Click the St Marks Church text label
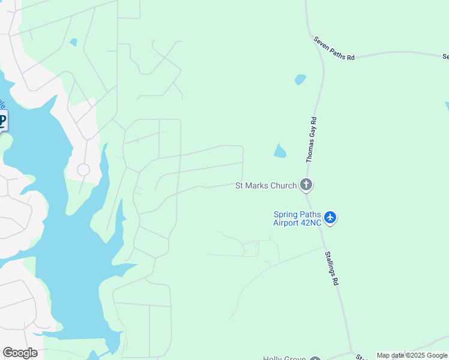click(x=266, y=185)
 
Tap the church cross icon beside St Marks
click(x=306, y=185)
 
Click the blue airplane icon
click(x=330, y=218)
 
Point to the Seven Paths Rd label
click(x=334, y=48)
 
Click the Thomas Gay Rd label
click(x=311, y=140)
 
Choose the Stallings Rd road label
click(x=332, y=268)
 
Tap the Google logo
click(x=20, y=353)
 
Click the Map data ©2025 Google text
click(x=412, y=355)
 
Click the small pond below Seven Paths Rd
click(x=300, y=79)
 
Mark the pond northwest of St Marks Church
click(x=280, y=151)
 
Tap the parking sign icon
click(x=2, y=121)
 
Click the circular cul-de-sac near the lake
click(x=83, y=170)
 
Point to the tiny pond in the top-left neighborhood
click(x=73, y=43)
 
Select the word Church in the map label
click(x=283, y=185)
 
